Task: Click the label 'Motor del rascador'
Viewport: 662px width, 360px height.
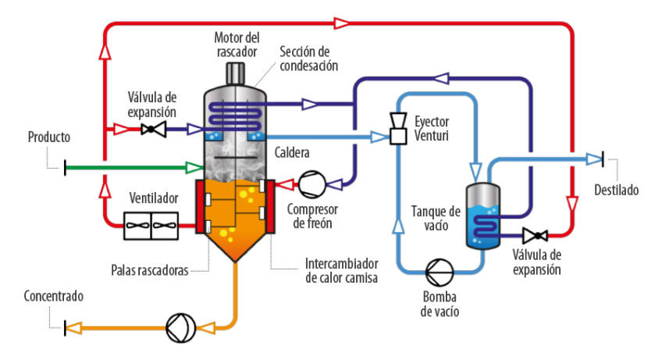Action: point(236,44)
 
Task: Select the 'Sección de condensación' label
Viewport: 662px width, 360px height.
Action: point(308,58)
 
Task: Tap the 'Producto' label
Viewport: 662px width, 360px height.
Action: point(49,137)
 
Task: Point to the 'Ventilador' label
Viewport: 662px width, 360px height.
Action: point(153,197)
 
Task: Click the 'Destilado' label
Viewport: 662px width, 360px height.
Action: point(616,190)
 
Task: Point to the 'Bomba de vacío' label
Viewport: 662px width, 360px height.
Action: point(439,305)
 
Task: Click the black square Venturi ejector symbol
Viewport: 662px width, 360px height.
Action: point(397,137)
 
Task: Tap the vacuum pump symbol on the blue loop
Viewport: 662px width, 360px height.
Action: point(439,273)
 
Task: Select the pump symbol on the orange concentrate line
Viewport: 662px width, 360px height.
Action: point(180,328)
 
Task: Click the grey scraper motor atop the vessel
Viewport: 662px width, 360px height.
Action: point(236,73)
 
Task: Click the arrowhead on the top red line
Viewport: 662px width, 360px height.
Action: point(340,23)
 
